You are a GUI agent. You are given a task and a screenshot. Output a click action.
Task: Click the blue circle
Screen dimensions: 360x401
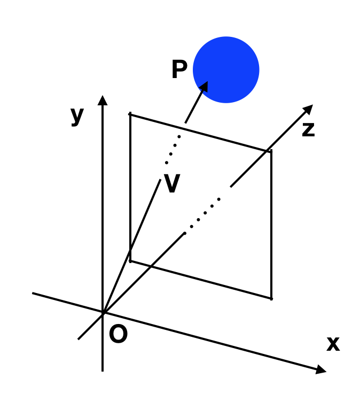click(x=226, y=70)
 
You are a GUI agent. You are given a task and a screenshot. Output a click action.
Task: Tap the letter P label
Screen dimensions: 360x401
click(x=179, y=69)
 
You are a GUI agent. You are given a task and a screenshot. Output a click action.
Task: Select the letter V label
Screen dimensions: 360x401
click(x=172, y=183)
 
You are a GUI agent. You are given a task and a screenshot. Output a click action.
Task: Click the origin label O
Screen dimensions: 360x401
click(x=118, y=334)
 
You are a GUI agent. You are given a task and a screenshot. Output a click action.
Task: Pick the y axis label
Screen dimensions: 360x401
click(x=77, y=117)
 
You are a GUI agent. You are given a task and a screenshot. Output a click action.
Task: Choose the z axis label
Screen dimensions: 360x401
click(x=308, y=130)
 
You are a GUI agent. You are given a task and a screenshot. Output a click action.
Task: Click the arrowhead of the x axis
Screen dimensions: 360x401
click(x=320, y=369)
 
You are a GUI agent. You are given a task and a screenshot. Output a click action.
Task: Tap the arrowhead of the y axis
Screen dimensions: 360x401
click(x=103, y=101)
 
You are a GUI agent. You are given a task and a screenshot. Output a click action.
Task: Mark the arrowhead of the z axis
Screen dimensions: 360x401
click(x=309, y=109)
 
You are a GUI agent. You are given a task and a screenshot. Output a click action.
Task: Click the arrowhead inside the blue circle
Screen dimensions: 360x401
click(x=204, y=87)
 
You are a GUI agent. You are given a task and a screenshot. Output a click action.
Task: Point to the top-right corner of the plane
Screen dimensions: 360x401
click(x=271, y=151)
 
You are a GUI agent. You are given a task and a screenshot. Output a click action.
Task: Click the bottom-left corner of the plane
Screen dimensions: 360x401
click(x=130, y=261)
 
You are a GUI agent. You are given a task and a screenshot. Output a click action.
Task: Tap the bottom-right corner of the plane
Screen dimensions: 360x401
click(x=271, y=298)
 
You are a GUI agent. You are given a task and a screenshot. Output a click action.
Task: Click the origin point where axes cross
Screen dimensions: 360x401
click(x=103, y=313)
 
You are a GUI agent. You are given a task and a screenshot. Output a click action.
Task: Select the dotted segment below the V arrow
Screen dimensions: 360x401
click(x=173, y=150)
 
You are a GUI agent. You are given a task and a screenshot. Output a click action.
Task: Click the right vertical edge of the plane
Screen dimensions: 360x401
click(x=271, y=225)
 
